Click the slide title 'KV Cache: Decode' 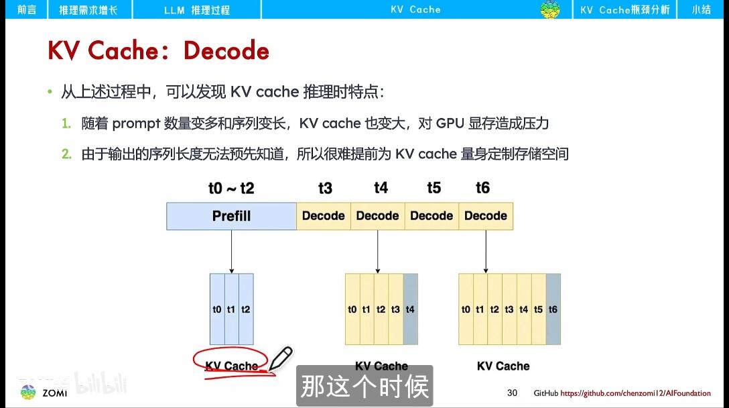point(158,51)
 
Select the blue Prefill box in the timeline point(231,216)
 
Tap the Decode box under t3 point(324,216)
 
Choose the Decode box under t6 point(486,216)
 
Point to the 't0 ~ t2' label point(231,189)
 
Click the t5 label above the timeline point(434,188)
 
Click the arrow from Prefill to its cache point(231,252)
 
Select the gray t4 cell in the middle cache point(411,309)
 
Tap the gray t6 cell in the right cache point(553,309)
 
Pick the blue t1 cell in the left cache point(231,309)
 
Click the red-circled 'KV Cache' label point(232,366)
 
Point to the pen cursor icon point(281,357)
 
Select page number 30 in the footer point(513,393)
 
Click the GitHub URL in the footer point(635,393)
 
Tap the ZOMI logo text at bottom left point(54,393)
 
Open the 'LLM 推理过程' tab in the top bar point(196,10)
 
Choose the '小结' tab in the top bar point(702,10)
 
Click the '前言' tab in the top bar point(27,10)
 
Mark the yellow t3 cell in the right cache point(509,309)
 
